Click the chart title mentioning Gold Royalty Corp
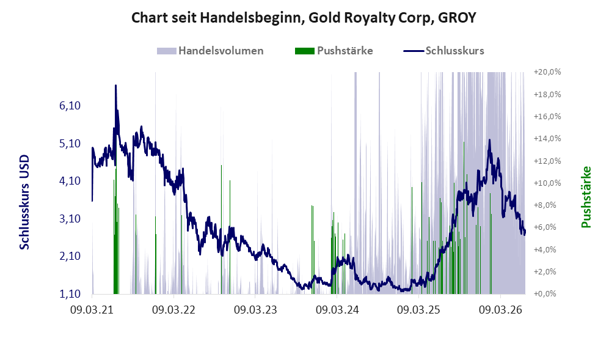tap(304, 18)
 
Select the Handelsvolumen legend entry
tap(210, 51)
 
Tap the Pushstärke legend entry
tap(334, 51)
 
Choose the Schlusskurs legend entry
tap(444, 51)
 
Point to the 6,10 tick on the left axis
tap(70, 106)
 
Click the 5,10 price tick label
tap(70, 144)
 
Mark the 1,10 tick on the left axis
tap(70, 294)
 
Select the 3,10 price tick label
tap(70, 219)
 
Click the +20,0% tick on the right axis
tap(547, 72)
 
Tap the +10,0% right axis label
tap(547, 183)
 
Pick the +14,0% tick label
tap(547, 138)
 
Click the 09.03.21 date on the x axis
tap(92, 310)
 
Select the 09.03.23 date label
tap(255, 310)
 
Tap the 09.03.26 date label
tap(501, 310)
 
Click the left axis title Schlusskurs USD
tap(24, 202)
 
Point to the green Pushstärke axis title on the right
tap(586, 197)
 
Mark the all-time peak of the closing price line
tap(115, 86)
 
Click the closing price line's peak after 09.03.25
tap(489, 140)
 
